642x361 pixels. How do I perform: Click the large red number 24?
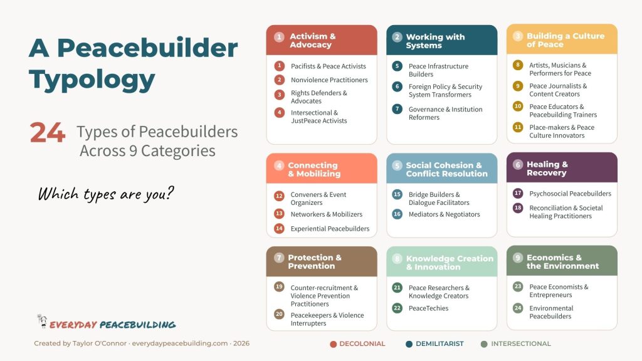pos(47,133)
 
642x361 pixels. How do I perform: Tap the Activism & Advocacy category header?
pos(322,40)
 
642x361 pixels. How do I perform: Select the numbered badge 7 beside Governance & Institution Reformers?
pos(397,109)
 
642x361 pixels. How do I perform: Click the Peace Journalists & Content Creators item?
pos(558,90)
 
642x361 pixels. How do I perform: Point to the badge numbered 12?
pos(279,196)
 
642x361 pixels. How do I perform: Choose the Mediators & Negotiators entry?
pos(444,214)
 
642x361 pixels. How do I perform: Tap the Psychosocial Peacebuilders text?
pos(570,194)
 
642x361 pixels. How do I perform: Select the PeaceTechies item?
pos(428,308)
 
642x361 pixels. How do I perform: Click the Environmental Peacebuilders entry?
pos(551,312)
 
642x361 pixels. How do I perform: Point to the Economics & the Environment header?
pos(562,261)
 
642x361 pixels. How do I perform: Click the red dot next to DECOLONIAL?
pos(334,343)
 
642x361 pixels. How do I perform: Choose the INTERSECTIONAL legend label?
pos(520,343)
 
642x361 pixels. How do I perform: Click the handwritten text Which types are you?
pos(105,193)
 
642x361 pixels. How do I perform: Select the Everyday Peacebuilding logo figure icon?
pos(42,322)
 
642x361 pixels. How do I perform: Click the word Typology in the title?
pos(92,80)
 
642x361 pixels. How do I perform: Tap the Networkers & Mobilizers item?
pos(326,214)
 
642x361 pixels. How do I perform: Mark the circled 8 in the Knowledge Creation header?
pos(397,258)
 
